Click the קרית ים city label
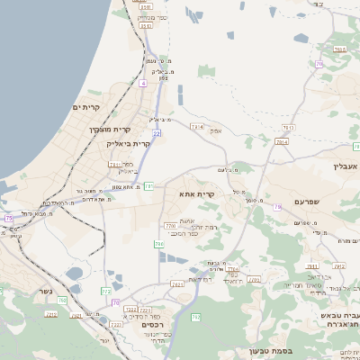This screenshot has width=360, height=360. pyautogui.click(x=85, y=108)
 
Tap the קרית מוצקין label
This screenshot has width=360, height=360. pyautogui.click(x=107, y=130)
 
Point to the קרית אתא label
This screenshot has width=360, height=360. pyautogui.click(x=197, y=193)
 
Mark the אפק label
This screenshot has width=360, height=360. pyautogui.click(x=216, y=131)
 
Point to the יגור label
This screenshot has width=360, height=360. pyautogui.click(x=104, y=339)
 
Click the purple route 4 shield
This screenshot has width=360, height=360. pyautogui.click(x=142, y=83)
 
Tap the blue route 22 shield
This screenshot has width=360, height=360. pyautogui.click(x=157, y=133)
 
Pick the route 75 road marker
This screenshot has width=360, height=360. pyautogui.click(x=8, y=219)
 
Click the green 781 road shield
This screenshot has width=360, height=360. pyautogui.click(x=148, y=185)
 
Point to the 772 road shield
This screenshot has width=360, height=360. pyautogui.click(x=105, y=291)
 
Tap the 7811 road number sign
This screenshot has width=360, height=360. pyautogui.click(x=114, y=165)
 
